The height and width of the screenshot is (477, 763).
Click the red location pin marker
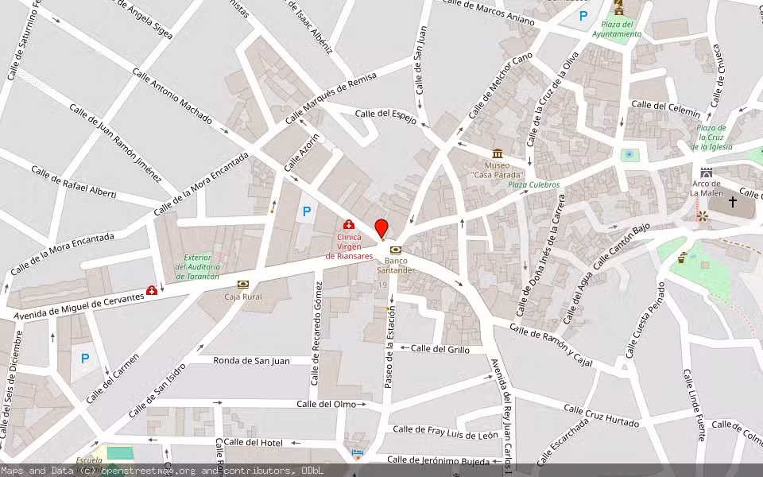click(381, 229)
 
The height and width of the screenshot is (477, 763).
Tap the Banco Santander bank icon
click(395, 250)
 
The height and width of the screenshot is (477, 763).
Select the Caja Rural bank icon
click(242, 284)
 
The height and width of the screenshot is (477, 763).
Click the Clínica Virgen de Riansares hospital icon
click(348, 225)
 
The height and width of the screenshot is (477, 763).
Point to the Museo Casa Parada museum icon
click(498, 153)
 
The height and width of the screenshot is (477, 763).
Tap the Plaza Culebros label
click(534, 184)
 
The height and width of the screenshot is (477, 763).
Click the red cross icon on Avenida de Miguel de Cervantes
click(152, 291)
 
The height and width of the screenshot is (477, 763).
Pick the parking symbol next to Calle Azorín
click(306, 212)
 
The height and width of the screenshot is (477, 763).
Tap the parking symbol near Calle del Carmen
click(85, 358)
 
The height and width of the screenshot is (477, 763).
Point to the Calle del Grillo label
click(440, 348)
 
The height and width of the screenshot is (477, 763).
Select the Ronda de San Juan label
click(251, 360)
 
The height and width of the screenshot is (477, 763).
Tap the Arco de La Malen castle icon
click(706, 173)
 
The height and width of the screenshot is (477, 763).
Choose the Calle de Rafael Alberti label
click(73, 182)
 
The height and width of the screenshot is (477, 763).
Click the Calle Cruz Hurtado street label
click(601, 414)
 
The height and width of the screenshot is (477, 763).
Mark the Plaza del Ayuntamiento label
click(616, 29)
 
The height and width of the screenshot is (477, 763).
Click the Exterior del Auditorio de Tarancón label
click(197, 266)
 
